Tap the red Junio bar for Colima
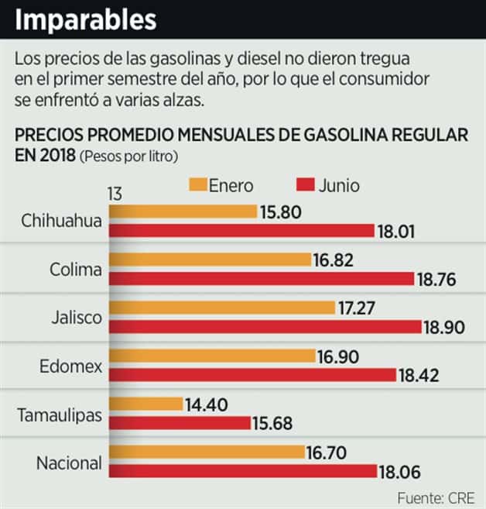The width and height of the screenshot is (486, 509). coord(260,279)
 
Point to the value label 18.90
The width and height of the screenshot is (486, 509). coord(443,328)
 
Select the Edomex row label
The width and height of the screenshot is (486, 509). coord(71,366)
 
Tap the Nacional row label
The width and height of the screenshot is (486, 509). coord(69,463)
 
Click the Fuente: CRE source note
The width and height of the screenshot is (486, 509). coord(436,497)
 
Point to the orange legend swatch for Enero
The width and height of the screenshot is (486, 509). coord(197,185)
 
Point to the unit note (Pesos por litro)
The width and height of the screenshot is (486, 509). coord(129,156)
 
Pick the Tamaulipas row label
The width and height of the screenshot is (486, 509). coord(60,414)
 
